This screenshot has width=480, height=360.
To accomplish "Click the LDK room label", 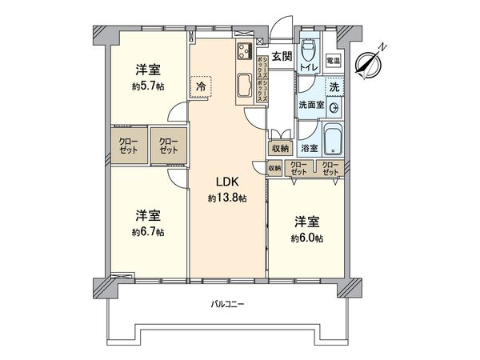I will (222, 183).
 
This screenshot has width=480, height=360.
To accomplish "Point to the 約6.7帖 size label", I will (150, 232).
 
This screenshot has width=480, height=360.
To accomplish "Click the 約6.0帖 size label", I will (307, 238).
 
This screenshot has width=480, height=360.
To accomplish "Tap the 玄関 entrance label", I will (281, 56).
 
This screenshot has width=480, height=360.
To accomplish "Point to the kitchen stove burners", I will (244, 54).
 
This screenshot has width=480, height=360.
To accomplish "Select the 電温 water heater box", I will (334, 61).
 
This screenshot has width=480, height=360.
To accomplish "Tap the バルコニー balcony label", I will (226, 304).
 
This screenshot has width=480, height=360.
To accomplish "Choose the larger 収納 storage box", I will (279, 147).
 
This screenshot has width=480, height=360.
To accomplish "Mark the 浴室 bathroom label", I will (308, 149).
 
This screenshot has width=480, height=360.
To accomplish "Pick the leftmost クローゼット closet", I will (128, 146).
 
